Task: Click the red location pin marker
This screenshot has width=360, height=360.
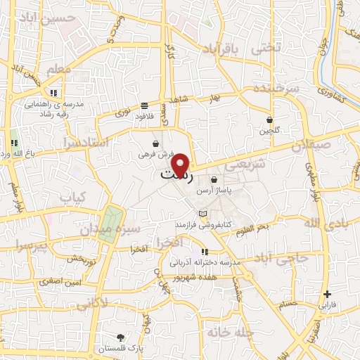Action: click(182, 165)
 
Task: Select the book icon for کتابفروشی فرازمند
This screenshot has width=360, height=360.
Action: click(203, 214)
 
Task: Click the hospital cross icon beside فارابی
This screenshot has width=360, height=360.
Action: click(327, 294)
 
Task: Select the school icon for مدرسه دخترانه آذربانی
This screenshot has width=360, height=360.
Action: click(204, 252)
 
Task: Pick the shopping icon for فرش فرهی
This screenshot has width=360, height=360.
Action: click(155, 143)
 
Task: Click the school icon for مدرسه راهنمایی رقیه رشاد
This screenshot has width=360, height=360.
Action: click(53, 93)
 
